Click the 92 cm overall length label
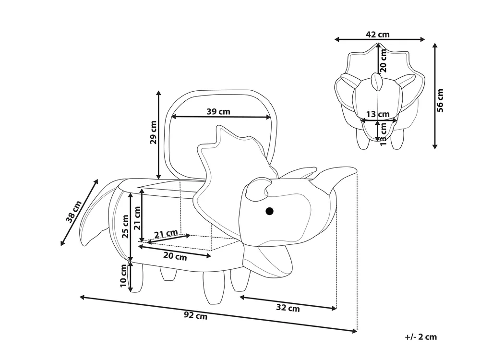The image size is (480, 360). [x=196, y=315]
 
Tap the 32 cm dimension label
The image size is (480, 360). [x=288, y=308]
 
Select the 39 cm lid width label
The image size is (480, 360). [x=218, y=111]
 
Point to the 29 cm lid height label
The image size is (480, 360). [x=153, y=132]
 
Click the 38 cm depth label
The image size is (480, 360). [x=74, y=211]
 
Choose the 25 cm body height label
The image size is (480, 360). [x=125, y=227]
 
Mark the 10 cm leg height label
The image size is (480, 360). [x=123, y=276]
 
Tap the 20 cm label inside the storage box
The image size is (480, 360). [x=175, y=256]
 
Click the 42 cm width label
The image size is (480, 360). [x=378, y=34]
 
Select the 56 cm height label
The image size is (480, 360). [x=440, y=100]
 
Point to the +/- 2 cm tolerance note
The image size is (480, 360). [x=421, y=337]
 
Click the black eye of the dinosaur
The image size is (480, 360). [x=269, y=211]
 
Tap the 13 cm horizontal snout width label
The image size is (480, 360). [x=378, y=114]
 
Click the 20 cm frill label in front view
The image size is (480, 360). [x=383, y=60]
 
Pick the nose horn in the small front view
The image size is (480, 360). [x=376, y=82]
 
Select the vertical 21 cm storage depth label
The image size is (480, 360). [x=137, y=218]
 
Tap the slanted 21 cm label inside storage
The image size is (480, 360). [x=166, y=234]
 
